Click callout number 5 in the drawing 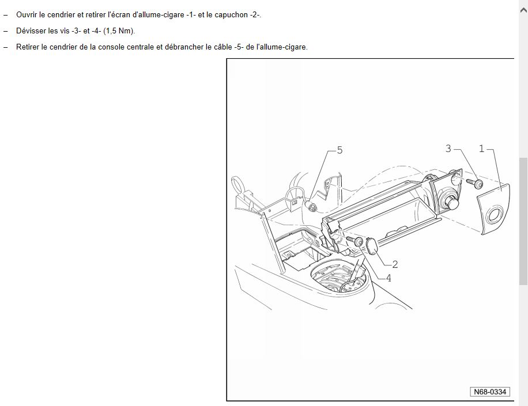340,150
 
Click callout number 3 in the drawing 448,149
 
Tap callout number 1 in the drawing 481,149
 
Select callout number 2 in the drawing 395,264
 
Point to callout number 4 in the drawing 389,278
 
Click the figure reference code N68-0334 490,392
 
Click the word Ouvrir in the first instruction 27,15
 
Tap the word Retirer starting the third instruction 28,47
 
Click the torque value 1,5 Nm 119,31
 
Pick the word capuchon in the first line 231,15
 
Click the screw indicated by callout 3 475,183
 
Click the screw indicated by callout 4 355,241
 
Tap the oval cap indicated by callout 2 372,245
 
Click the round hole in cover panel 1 494,214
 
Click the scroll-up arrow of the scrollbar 523,10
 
